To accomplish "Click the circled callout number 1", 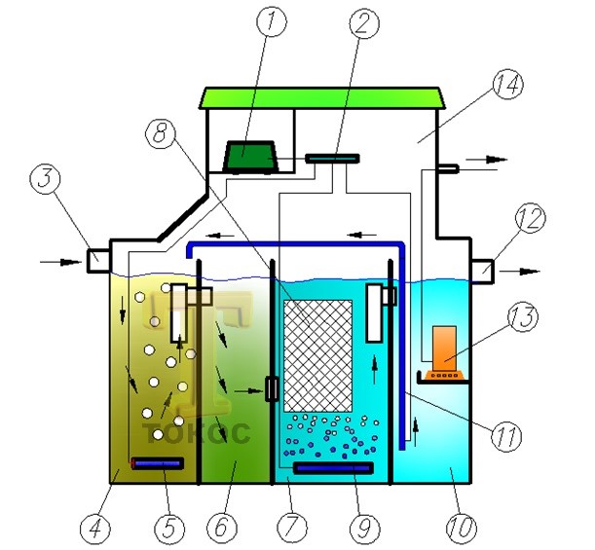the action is pyautogui.click(x=272, y=21).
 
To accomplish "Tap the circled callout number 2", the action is pyautogui.click(x=363, y=22).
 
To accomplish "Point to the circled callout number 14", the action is pyautogui.click(x=507, y=86).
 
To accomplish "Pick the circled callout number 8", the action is pyautogui.click(x=161, y=133).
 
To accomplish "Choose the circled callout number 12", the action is pyautogui.click(x=530, y=219).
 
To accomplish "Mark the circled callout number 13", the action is pyautogui.click(x=523, y=316).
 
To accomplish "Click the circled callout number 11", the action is pyautogui.click(x=506, y=436).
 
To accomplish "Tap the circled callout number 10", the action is pyautogui.click(x=461, y=528).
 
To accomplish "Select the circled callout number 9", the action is pyautogui.click(x=364, y=528).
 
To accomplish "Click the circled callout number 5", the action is pyautogui.click(x=169, y=528).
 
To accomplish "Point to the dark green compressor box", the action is pyautogui.click(x=250, y=157).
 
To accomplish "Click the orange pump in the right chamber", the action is pyautogui.click(x=444, y=352).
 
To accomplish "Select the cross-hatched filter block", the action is pyautogui.click(x=318, y=356).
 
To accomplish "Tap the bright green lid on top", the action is pyautogui.click(x=322, y=98).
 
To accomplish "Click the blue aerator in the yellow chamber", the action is pyautogui.click(x=158, y=463).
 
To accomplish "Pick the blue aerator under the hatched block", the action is pyautogui.click(x=333, y=468).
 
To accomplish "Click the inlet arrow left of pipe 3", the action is pyautogui.click(x=60, y=262).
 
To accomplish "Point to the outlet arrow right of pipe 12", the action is pyautogui.click(x=519, y=272).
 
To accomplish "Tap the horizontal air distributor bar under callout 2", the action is pyautogui.click(x=332, y=158).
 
